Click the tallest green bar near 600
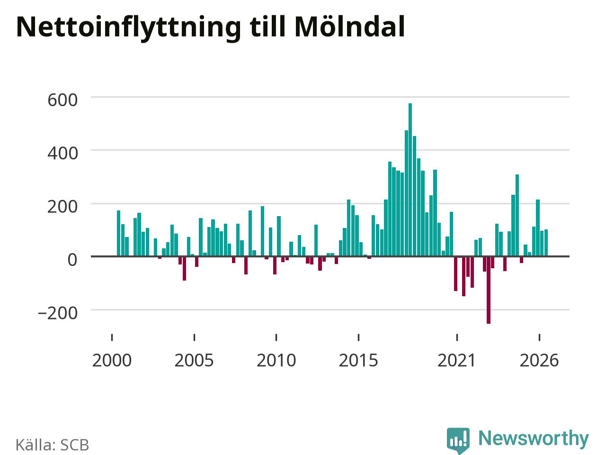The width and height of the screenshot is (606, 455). coord(410,180)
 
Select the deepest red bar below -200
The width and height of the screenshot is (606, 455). coord(489,290)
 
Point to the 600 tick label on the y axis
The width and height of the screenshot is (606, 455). coord(62,100)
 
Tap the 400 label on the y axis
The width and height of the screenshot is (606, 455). coord(62,153)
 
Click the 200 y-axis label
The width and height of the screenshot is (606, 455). coord(62,207)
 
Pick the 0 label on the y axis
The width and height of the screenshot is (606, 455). coord(72,260)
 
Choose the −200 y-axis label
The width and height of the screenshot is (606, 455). coord(58,313)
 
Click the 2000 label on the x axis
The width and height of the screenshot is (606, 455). coord(112,361)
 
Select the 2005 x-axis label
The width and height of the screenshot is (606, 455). coord(194,361)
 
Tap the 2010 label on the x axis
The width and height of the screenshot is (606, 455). coord(276,361)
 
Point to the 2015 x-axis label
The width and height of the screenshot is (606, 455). coord(358,361)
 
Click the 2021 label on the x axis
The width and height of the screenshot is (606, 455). coord(457,361)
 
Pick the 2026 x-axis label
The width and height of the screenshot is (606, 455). coord(539,361)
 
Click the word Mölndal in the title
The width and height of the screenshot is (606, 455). coord(349,27)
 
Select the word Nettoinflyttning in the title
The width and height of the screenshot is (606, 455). coord(128,29)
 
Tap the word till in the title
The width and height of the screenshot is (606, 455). coord(267,27)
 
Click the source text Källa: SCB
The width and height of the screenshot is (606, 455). coord(52,445)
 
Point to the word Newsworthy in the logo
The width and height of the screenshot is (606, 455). coord(534,438)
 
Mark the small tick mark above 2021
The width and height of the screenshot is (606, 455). coord(457,337)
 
